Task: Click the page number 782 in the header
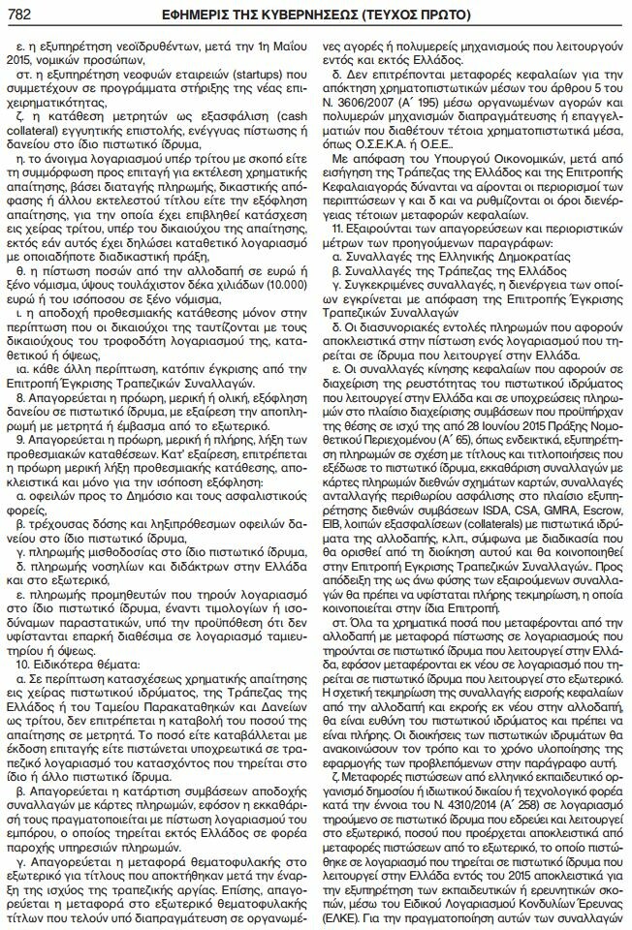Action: click(21, 14)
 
